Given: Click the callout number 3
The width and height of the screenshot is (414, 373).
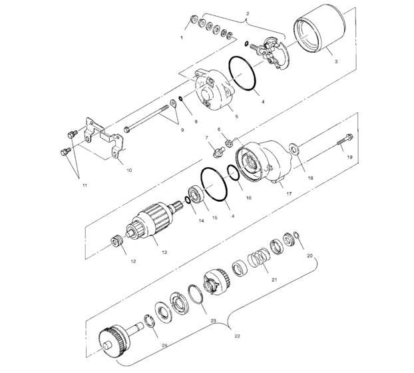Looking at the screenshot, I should (335, 61).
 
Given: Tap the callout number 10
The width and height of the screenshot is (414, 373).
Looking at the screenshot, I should (128, 170).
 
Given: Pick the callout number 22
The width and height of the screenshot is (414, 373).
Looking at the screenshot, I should (237, 337).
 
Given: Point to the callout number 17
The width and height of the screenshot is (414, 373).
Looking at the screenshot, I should (289, 193).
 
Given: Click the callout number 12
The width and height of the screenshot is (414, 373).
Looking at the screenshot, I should (132, 260).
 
